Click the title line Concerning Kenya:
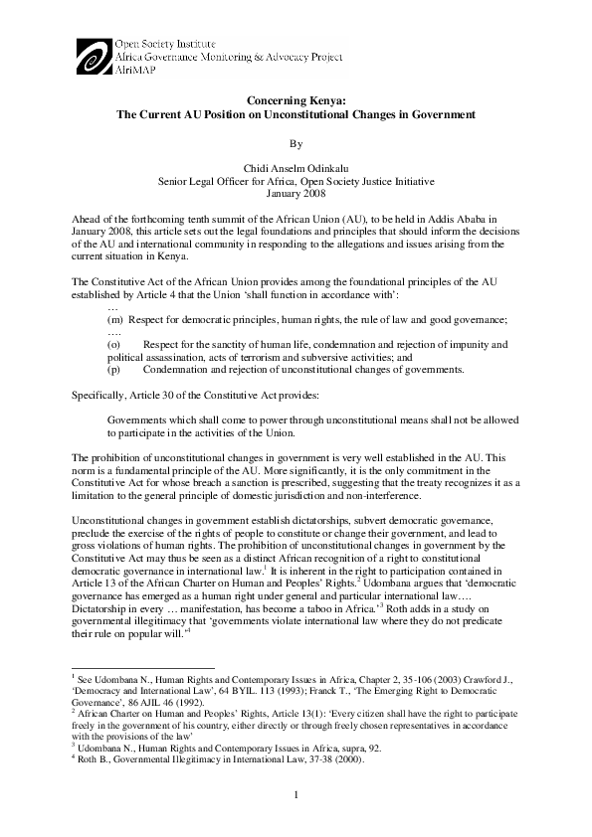[x=296, y=100]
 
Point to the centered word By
[x=296, y=142]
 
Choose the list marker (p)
[x=113, y=371]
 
